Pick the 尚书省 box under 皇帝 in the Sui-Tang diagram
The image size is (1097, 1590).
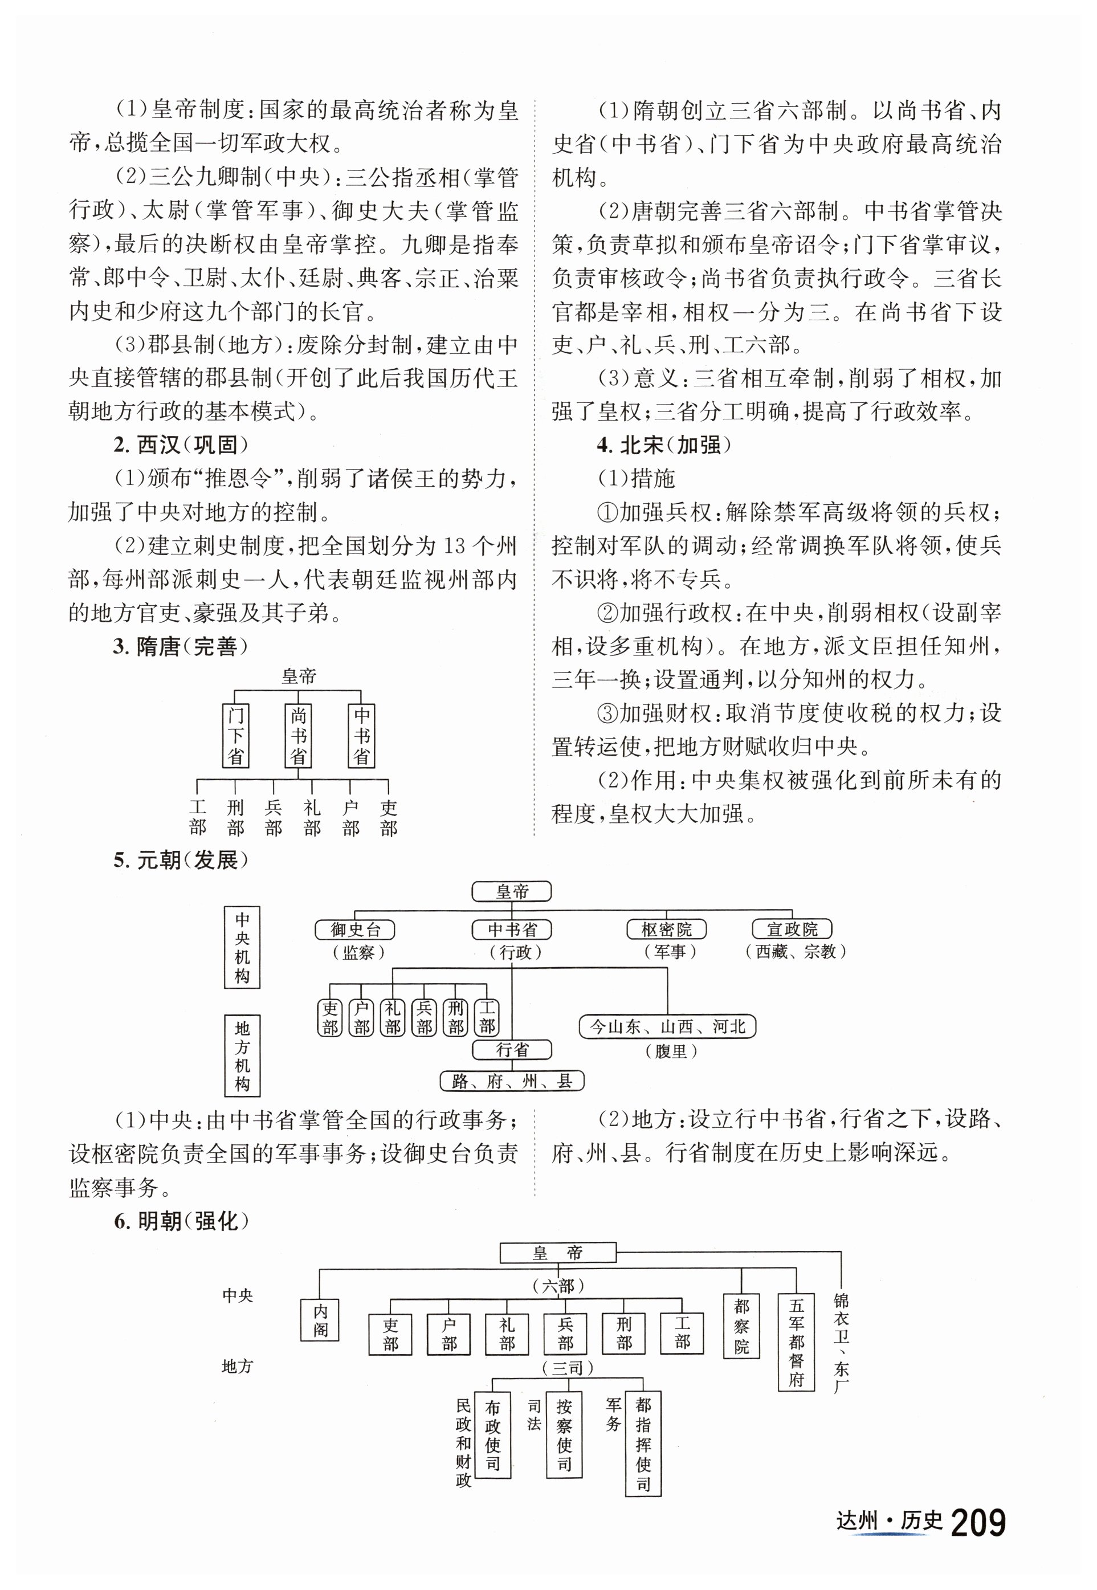coord(297,736)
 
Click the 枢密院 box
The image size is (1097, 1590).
coord(666,930)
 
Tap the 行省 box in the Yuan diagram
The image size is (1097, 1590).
coord(512,1050)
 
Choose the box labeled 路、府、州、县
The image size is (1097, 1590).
coord(512,1081)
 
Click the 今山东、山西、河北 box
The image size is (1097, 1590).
coord(667,1027)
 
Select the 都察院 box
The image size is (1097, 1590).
coord(741,1326)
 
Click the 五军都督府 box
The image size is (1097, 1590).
coord(796,1343)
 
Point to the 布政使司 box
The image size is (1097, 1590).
coord(492,1436)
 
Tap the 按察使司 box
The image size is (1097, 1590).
coord(564,1436)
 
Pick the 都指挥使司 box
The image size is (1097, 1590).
coord(643,1444)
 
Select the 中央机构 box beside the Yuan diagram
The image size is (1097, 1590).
coord(242,947)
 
